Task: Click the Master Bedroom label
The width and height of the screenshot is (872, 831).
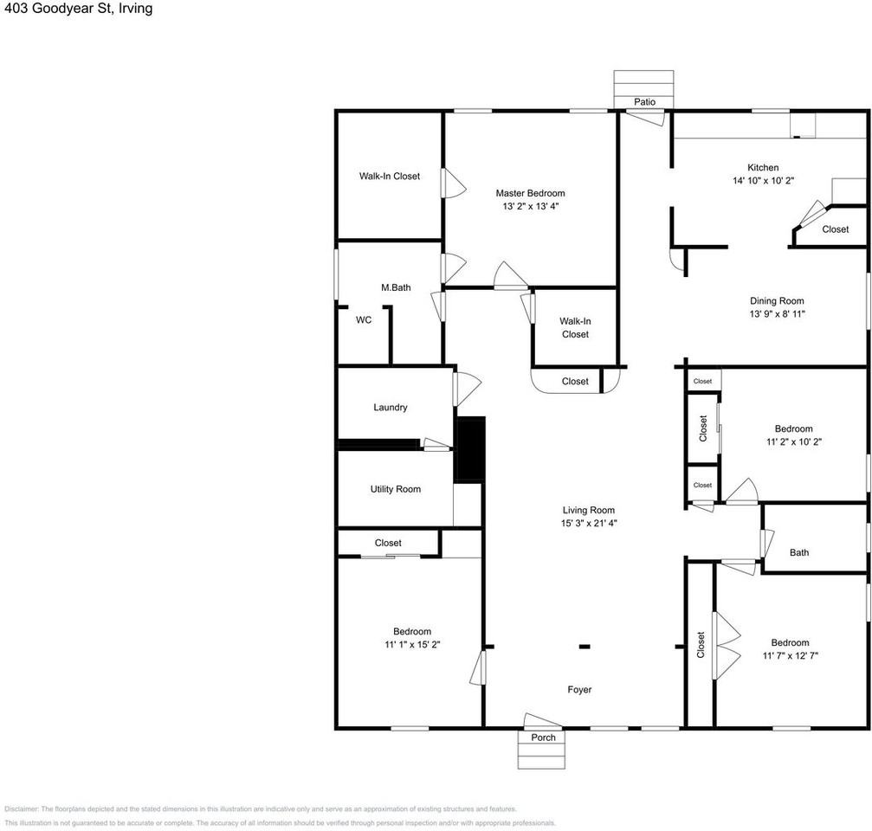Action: click(530, 193)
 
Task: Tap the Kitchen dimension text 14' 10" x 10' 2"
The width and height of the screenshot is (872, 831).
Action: click(763, 181)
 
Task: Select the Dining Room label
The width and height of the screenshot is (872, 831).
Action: click(777, 301)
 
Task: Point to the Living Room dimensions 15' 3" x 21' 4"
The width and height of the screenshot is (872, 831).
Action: click(588, 523)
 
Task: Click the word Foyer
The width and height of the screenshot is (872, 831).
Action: click(579, 690)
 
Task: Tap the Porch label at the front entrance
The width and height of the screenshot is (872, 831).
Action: click(543, 738)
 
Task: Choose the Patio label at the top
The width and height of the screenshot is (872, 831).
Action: click(644, 102)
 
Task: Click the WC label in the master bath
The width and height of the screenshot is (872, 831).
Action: click(364, 319)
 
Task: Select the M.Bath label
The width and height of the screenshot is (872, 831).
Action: click(396, 287)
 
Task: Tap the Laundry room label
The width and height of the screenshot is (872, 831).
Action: click(390, 408)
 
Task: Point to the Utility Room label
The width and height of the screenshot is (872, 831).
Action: click(395, 489)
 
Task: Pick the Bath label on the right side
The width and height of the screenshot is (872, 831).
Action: click(798, 552)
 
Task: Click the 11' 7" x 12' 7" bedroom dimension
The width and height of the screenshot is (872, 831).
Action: click(790, 656)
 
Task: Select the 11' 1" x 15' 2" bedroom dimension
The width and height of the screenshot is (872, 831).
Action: click(411, 645)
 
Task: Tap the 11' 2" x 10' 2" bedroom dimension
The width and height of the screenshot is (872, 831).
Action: click(793, 441)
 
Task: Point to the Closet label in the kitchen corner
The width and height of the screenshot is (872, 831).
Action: click(835, 229)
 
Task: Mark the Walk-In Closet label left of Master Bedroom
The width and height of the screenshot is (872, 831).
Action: click(390, 176)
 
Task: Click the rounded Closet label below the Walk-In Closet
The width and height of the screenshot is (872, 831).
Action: click(575, 381)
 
